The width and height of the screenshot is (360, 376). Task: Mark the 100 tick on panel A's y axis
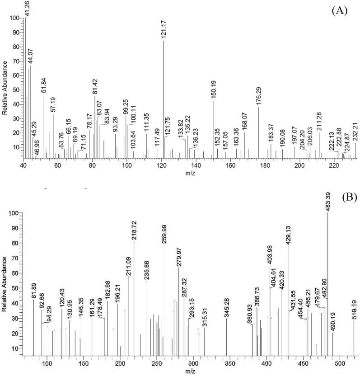[x=16, y=18]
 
